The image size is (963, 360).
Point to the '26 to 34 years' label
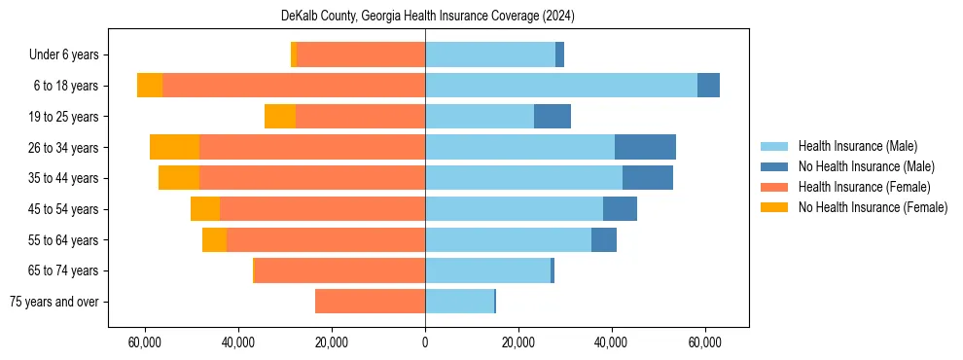click(65, 148)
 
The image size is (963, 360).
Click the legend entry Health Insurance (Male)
click(857, 146)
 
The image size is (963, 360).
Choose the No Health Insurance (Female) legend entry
click(873, 207)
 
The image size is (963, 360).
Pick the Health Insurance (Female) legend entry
click(864, 187)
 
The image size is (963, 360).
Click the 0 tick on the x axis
click(425, 343)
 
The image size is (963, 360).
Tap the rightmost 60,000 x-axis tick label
click(704, 343)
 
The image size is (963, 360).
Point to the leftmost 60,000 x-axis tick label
click(145, 343)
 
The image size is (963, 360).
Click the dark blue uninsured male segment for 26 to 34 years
click(645, 147)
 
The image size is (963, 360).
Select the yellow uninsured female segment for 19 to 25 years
click(280, 117)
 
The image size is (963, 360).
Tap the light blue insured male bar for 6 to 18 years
click(561, 86)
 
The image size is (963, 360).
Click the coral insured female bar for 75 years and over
click(370, 302)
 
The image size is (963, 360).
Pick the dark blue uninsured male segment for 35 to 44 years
click(648, 178)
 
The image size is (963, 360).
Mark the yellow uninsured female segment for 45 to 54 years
click(205, 209)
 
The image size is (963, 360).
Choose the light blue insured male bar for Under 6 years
click(490, 54)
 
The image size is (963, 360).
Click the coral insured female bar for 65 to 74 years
click(339, 270)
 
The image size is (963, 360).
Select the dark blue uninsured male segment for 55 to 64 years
click(604, 239)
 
